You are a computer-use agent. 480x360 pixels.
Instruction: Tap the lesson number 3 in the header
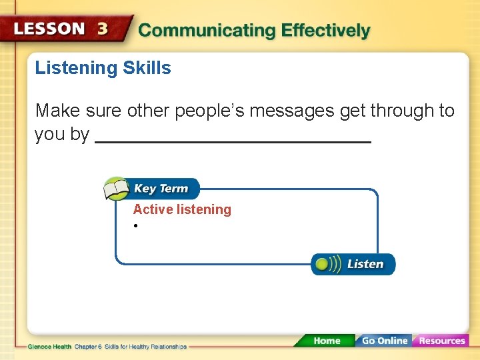(x=102, y=30)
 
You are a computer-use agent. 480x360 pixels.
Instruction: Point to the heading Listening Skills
(x=103, y=68)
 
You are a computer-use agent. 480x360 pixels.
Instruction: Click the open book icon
(x=116, y=189)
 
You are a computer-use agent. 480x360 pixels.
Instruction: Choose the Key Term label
(x=161, y=189)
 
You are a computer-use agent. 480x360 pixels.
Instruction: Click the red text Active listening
(x=182, y=209)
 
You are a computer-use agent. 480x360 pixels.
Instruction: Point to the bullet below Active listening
(x=135, y=227)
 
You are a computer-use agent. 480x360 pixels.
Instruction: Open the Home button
(x=326, y=341)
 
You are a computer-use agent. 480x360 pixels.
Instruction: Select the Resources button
(x=441, y=341)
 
